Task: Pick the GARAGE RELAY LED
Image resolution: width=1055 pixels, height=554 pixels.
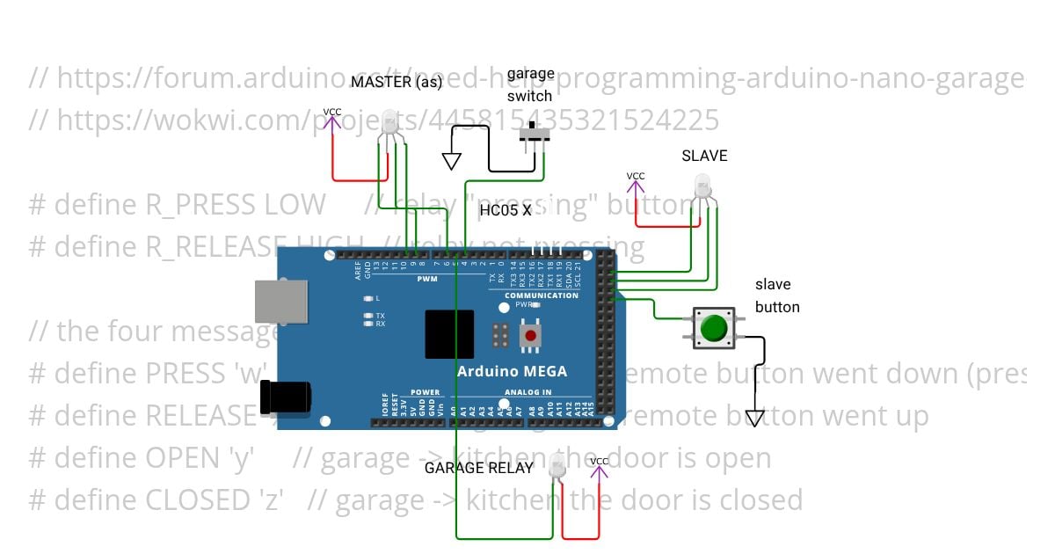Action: click(557, 470)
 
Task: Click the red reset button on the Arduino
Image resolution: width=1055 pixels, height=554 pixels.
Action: click(529, 335)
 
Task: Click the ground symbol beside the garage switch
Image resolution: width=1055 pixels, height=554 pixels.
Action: click(452, 161)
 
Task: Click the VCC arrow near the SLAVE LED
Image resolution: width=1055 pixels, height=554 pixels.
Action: click(636, 184)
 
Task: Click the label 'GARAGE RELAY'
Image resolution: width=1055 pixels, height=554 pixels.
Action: click(478, 468)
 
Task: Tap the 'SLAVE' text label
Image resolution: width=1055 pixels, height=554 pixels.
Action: click(704, 156)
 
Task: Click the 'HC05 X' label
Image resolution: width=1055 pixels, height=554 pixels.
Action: click(505, 210)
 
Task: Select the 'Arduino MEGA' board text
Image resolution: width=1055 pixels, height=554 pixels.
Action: click(512, 370)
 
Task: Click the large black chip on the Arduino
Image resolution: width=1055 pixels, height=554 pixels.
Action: click(448, 334)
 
